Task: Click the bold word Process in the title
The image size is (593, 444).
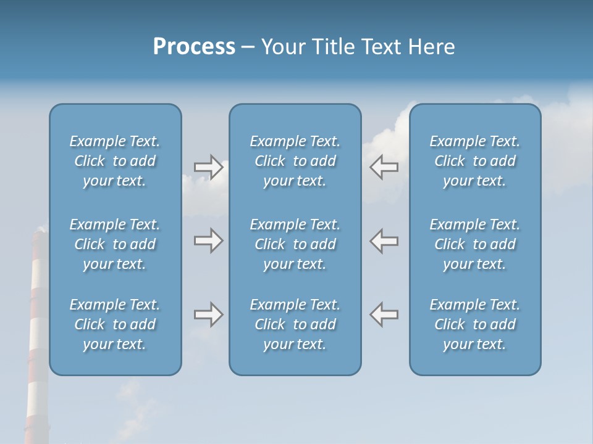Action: tap(194, 47)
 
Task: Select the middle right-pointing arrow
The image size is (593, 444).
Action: tap(208, 240)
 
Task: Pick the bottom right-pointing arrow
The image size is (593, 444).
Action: tap(208, 314)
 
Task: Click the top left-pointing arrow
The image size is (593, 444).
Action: tap(384, 167)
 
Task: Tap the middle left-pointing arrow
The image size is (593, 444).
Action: tap(384, 240)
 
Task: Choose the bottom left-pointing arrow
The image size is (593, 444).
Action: tap(384, 314)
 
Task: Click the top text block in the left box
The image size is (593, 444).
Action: tap(115, 161)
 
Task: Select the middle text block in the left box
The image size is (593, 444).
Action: tap(115, 244)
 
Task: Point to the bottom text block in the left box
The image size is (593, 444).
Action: tap(115, 324)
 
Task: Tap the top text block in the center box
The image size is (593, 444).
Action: tap(295, 161)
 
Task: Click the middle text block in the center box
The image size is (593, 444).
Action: tap(295, 244)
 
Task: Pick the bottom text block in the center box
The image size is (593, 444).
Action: tap(295, 324)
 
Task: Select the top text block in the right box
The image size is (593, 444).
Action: tap(474, 161)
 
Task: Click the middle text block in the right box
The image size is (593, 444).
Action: tap(474, 244)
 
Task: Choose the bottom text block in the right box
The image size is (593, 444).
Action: tap(474, 324)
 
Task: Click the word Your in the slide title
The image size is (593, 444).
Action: tap(284, 47)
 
